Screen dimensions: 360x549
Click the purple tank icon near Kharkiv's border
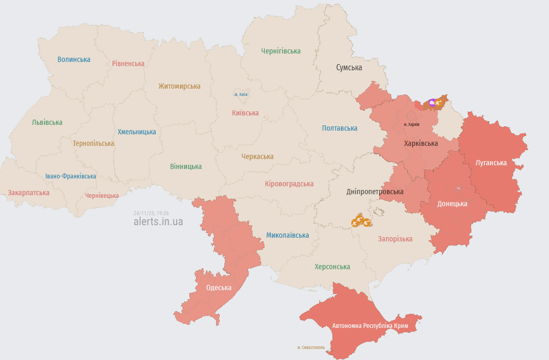coord(432,103)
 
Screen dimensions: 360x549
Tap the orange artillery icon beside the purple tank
coord(438,103)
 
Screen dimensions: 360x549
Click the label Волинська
coord(74,59)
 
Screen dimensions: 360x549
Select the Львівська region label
coord(47,122)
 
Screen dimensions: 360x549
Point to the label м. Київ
coord(241,94)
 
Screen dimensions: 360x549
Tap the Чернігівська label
coord(281,51)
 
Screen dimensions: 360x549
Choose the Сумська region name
coord(349,68)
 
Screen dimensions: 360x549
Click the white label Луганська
coord(491,163)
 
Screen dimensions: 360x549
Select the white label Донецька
coord(452,204)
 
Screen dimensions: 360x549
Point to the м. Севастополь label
coord(311,347)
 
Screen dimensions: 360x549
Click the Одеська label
coord(219,288)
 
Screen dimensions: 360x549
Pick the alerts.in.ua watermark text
coord(158,221)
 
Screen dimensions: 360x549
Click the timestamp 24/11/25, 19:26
coord(151,213)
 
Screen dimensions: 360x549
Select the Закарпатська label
coord(29,193)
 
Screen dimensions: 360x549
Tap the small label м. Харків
coord(412,124)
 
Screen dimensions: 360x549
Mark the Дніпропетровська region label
coord(375,192)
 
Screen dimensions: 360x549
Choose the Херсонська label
coord(332,267)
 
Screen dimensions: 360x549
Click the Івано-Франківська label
coord(70,176)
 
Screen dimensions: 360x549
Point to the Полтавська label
coord(339,128)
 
